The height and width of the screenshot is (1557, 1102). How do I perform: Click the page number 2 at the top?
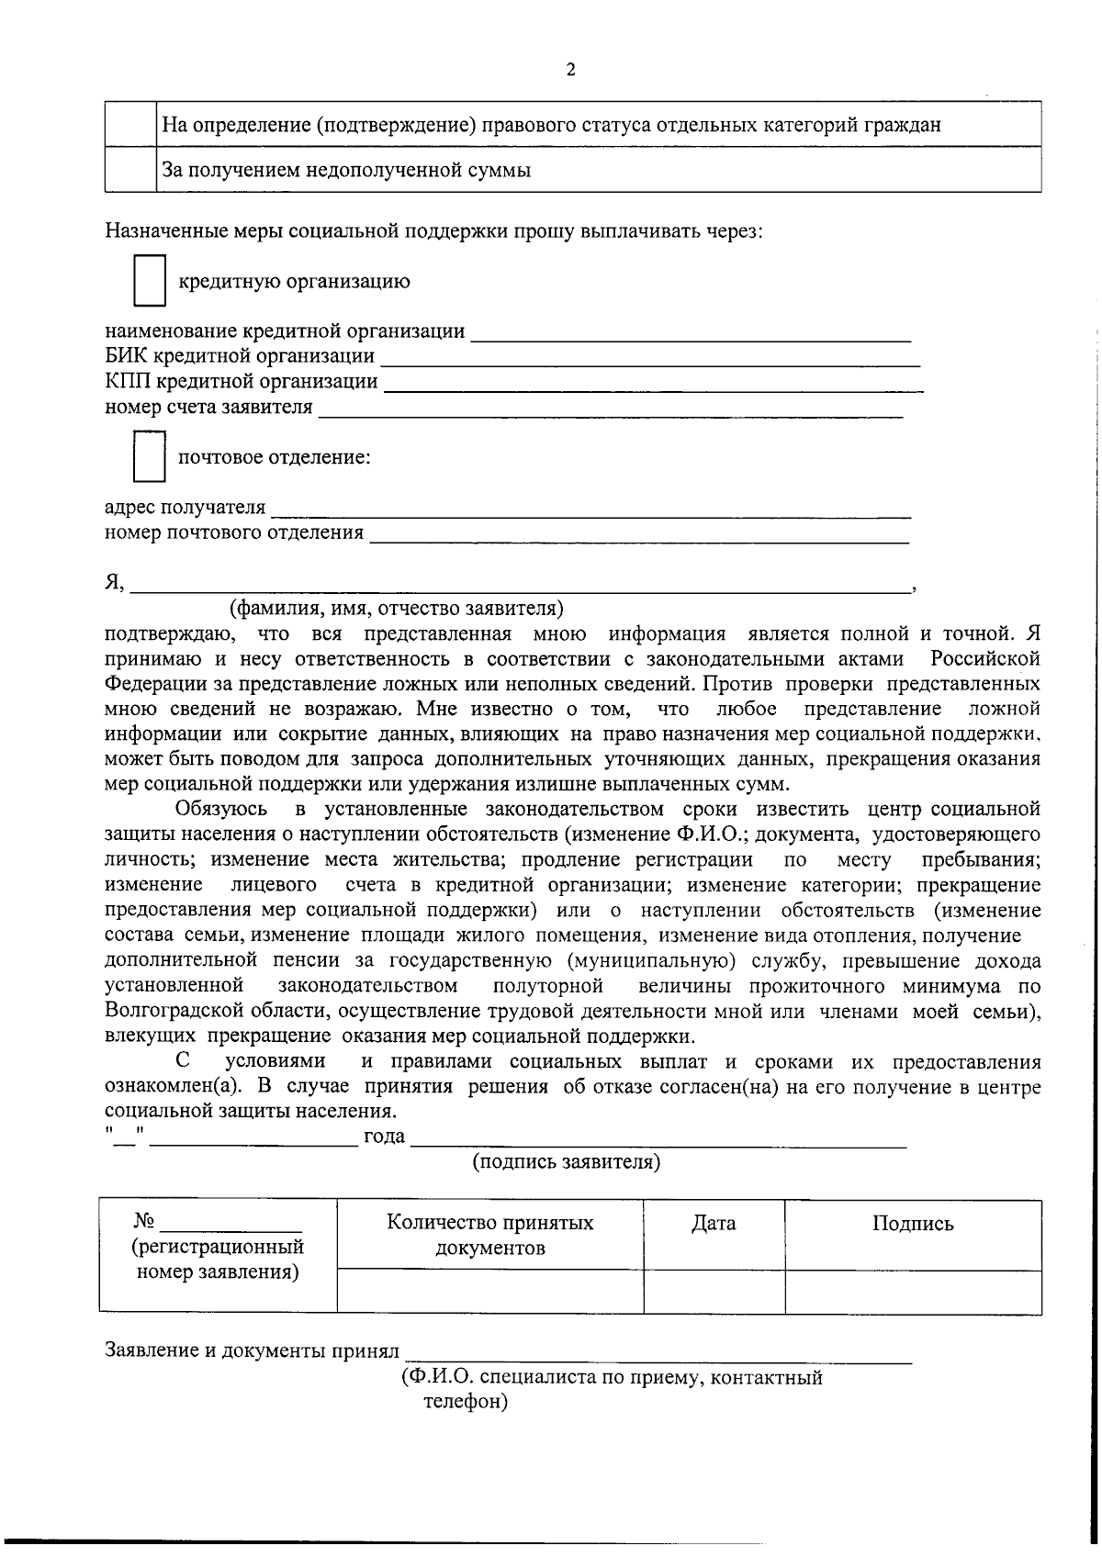click(x=570, y=71)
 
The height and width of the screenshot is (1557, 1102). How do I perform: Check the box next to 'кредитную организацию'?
click(x=149, y=281)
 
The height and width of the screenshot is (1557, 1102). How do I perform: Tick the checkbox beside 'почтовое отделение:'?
click(x=149, y=456)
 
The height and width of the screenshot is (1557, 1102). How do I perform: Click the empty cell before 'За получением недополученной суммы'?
click(x=130, y=170)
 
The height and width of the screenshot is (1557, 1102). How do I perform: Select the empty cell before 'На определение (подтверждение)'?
click(x=130, y=124)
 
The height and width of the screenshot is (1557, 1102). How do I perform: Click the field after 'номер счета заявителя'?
click(x=611, y=410)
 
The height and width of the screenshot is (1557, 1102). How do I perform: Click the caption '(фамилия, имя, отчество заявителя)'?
click(x=396, y=608)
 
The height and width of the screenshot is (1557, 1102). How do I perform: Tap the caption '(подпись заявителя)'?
click(x=566, y=1162)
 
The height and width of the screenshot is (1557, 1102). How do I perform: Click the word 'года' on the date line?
click(x=384, y=1137)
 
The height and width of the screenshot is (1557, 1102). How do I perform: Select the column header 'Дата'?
click(x=714, y=1223)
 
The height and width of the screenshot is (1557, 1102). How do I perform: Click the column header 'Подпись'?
click(x=912, y=1224)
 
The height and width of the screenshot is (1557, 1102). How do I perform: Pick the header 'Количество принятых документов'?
click(x=489, y=1235)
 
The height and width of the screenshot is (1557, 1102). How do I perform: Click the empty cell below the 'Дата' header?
click(x=714, y=1292)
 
